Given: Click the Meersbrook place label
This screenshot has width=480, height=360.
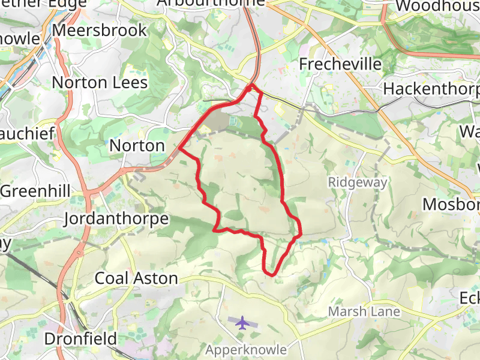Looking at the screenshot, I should click(100, 30).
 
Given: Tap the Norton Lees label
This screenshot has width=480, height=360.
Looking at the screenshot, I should click(100, 82).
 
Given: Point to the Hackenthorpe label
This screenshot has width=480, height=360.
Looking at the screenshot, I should click(431, 89).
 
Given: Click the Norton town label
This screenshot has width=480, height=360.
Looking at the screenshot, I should click(137, 145).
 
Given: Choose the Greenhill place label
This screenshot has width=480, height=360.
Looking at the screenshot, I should click(36, 191).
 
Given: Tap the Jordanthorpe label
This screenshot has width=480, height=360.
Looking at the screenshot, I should click(116, 218).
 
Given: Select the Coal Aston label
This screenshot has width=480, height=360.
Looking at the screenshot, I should click(137, 278).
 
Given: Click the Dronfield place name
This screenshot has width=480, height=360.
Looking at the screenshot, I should click(80, 339).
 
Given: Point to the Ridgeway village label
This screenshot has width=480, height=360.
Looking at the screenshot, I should click(358, 182).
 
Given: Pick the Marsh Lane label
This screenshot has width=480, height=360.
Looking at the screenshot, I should click(364, 312).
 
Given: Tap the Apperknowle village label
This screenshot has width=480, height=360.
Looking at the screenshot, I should click(246, 349).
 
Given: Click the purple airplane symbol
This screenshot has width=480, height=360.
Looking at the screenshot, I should click(242, 323).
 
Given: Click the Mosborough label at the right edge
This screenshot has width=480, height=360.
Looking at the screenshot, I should click(451, 204).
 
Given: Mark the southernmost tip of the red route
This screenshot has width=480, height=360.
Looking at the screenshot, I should click(271, 275).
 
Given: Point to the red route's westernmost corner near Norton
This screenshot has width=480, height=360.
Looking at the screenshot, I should click(179, 147).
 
